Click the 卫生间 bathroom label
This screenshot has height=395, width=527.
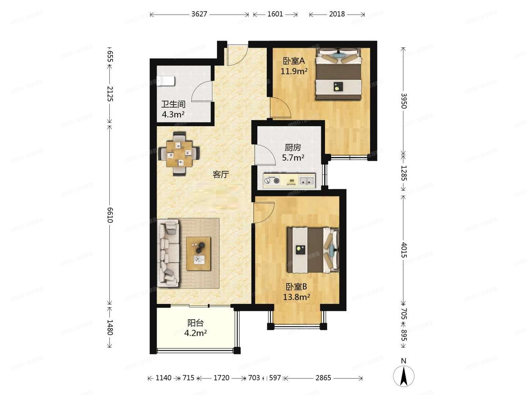[173, 104]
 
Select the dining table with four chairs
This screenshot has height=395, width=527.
[179, 154]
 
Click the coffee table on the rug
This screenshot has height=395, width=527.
[199, 253]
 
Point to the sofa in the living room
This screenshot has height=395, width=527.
[169, 253]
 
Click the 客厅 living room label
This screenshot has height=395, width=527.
[221, 174]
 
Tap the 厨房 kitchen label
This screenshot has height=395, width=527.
[293, 147]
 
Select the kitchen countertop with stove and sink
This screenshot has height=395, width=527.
[289, 180]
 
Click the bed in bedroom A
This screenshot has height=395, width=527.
[339, 74]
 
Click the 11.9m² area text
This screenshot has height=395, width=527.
[294, 71]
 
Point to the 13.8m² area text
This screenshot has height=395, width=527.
[296, 297]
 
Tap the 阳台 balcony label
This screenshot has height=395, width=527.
[195, 323]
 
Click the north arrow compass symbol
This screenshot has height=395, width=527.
[404, 375]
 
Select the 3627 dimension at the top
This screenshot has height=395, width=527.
[199, 14]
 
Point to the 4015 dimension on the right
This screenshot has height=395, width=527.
[403, 250]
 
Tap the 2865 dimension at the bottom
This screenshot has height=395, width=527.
[323, 378]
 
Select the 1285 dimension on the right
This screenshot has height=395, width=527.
[403, 173]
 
